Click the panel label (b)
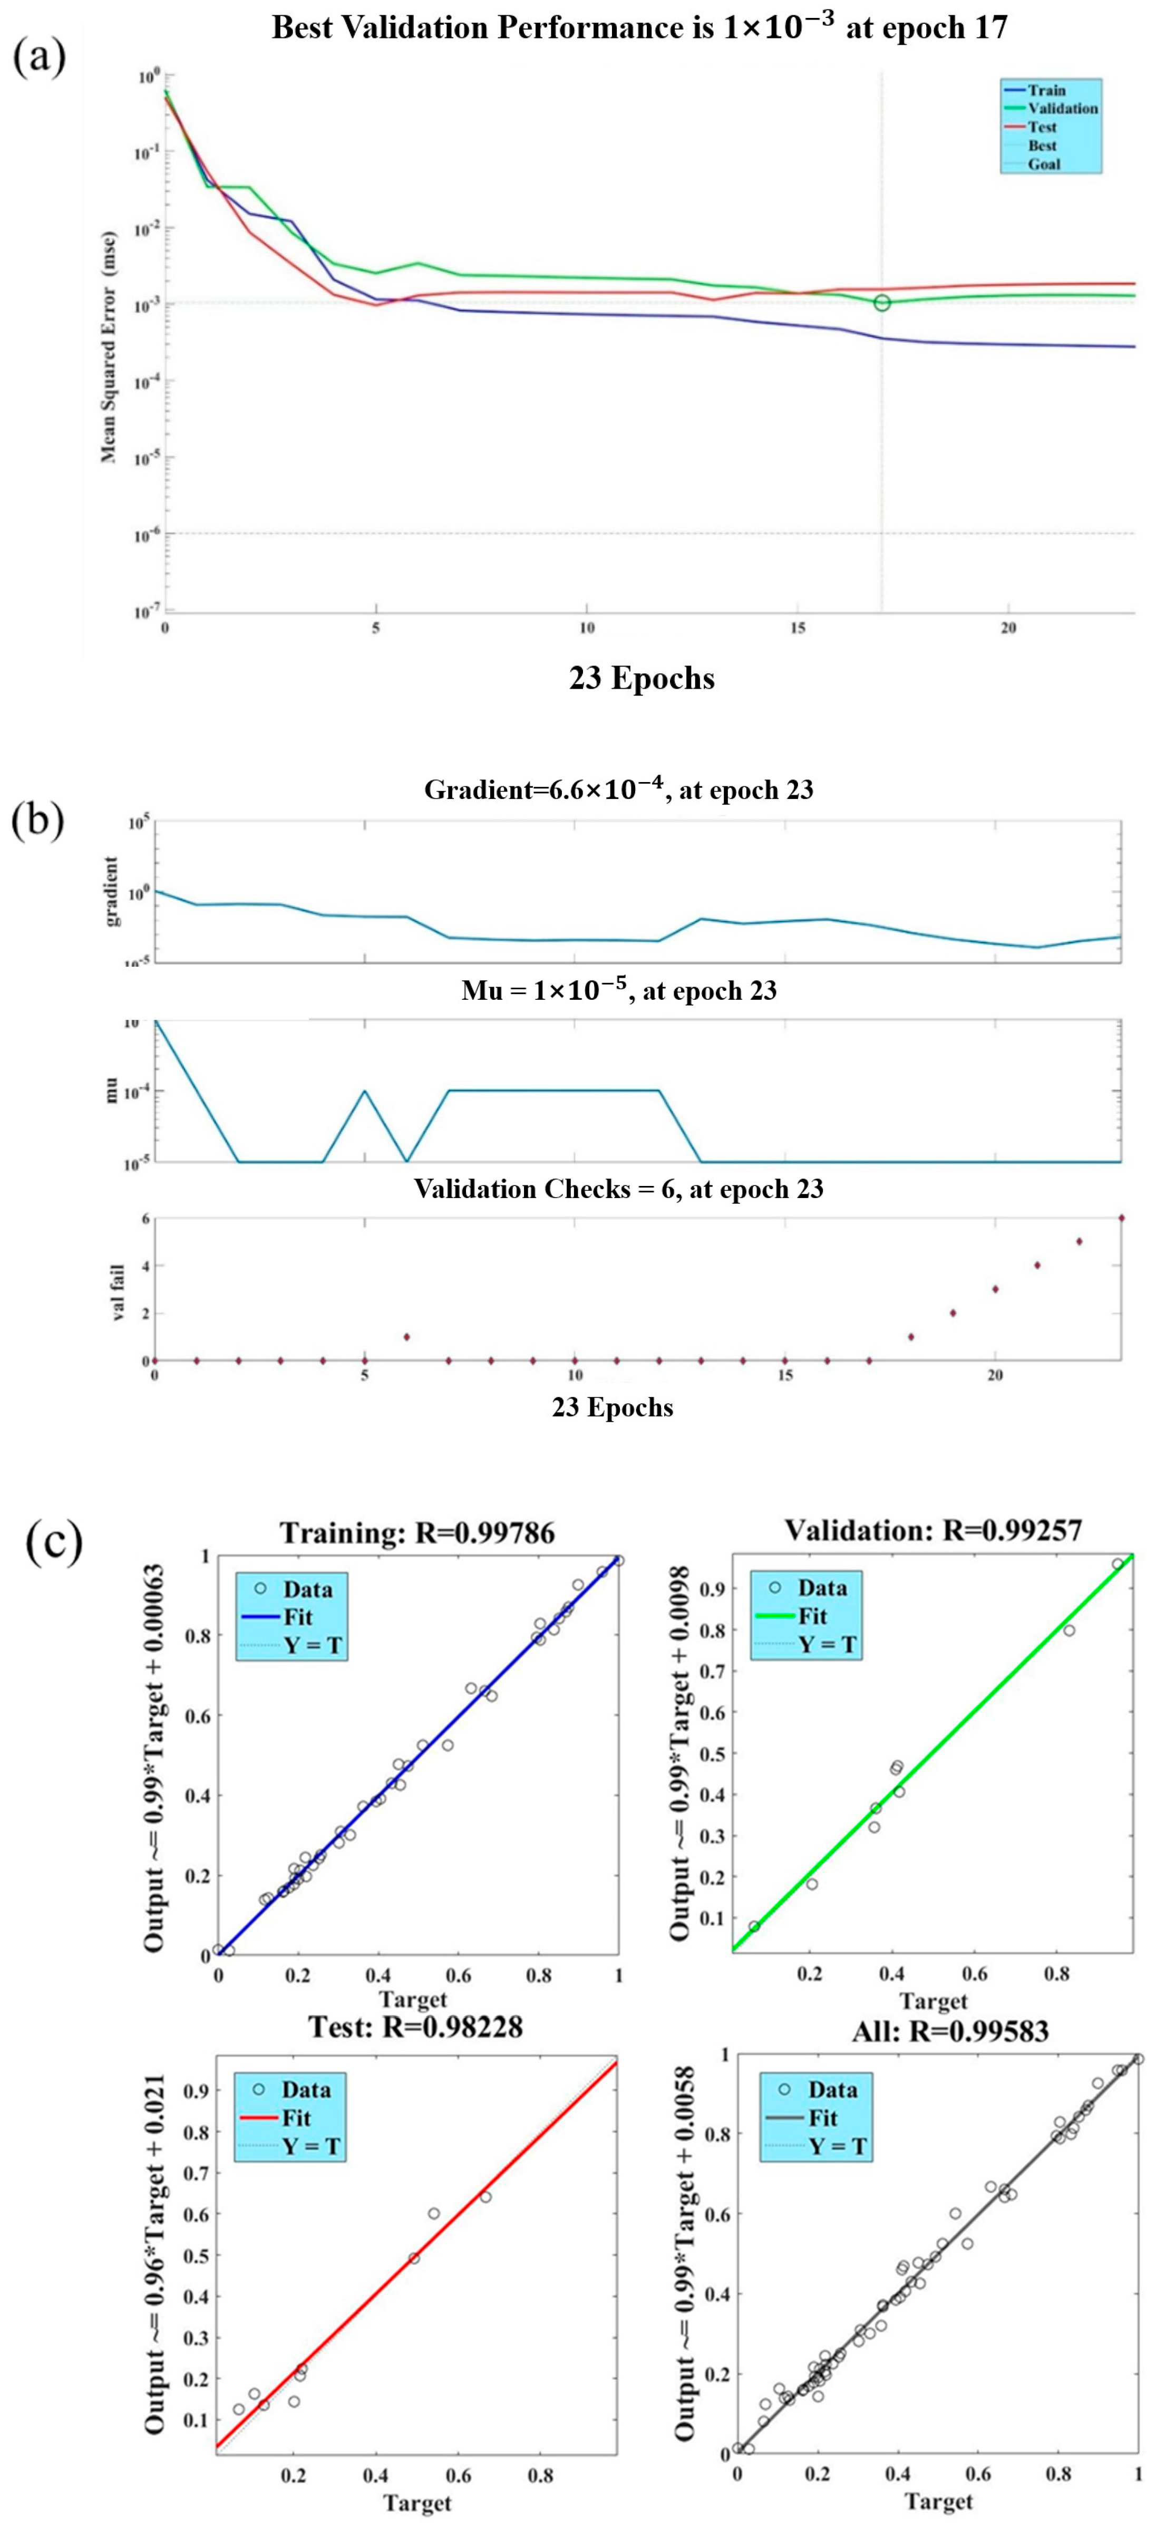pyautogui.click(x=37, y=819)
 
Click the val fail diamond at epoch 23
pyautogui.click(x=1121, y=1218)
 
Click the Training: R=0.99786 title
pyautogui.click(x=417, y=1532)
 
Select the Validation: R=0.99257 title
pyautogui.click(x=932, y=1529)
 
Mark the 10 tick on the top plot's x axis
pyautogui.click(x=587, y=629)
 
